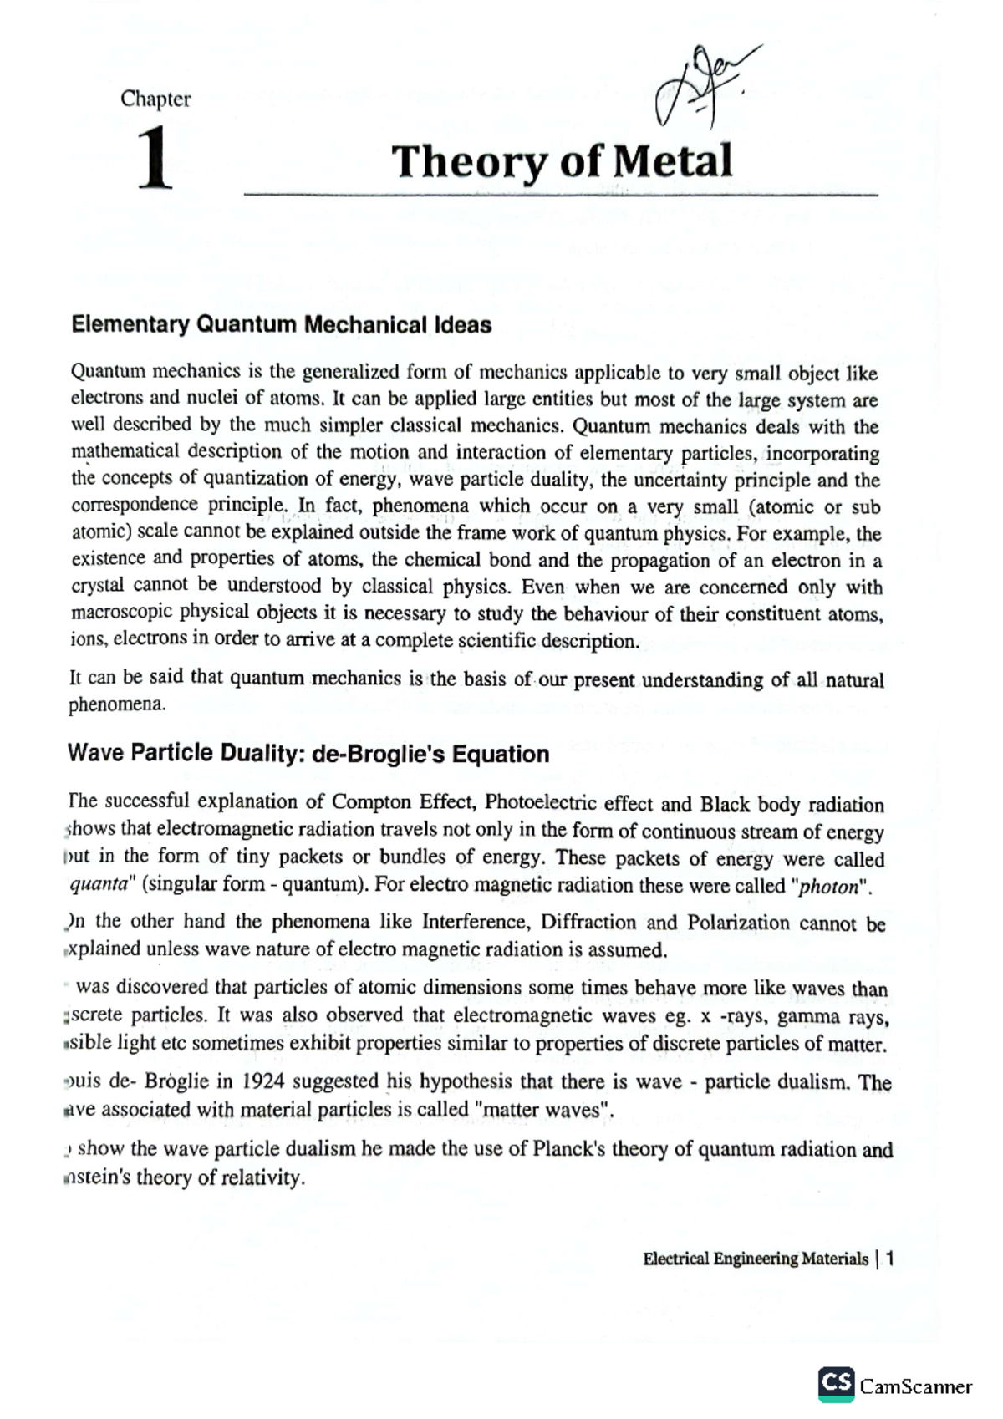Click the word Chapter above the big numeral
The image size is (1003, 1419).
(155, 99)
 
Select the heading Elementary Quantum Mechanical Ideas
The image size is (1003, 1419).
(281, 325)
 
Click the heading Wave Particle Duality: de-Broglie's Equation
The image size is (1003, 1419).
(308, 754)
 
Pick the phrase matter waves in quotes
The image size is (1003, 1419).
(542, 1111)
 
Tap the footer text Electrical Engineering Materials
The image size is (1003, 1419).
(756, 1259)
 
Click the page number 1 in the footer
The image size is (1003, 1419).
(890, 1259)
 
